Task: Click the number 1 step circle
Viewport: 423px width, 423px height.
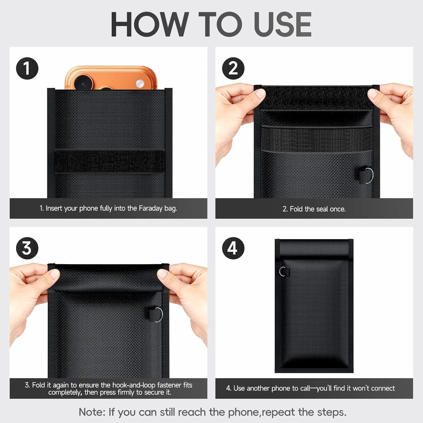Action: click(27, 68)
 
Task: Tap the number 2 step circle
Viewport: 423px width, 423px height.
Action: click(233, 68)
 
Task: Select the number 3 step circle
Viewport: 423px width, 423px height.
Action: click(27, 248)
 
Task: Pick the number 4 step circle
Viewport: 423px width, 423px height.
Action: click(233, 248)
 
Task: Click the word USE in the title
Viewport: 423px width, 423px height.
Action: click(283, 25)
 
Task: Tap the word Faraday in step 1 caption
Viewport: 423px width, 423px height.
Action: click(151, 208)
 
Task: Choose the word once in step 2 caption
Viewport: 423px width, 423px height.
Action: click(338, 209)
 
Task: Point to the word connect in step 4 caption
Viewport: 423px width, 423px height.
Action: click(383, 388)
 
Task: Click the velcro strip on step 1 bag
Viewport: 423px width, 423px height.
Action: click(110, 161)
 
